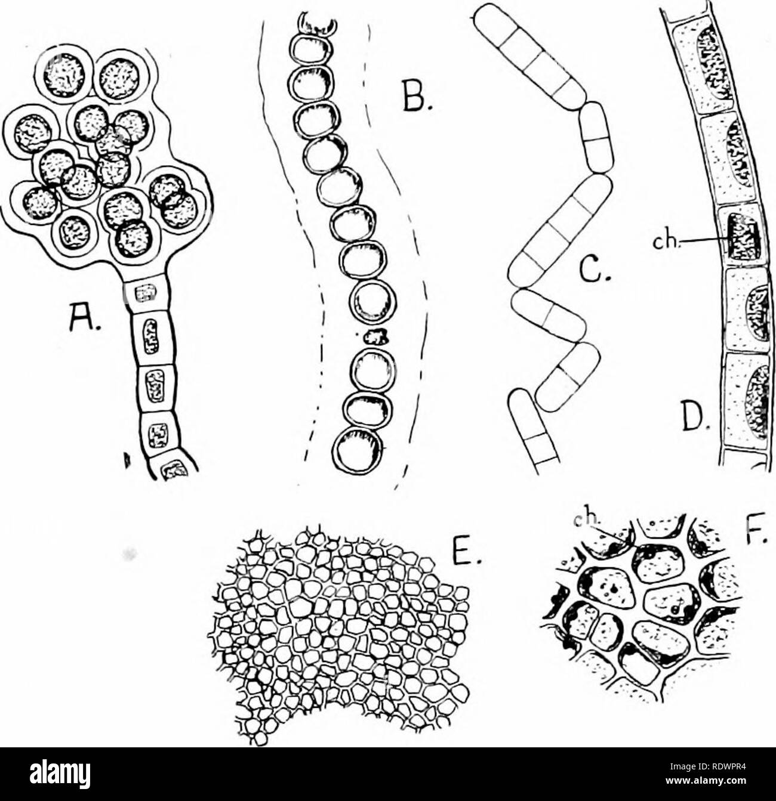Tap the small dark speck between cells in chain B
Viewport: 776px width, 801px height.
pyautogui.click(x=374, y=338)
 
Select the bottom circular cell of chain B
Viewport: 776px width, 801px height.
pyautogui.click(x=358, y=451)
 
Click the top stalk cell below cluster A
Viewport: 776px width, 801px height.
pyautogui.click(x=147, y=293)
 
